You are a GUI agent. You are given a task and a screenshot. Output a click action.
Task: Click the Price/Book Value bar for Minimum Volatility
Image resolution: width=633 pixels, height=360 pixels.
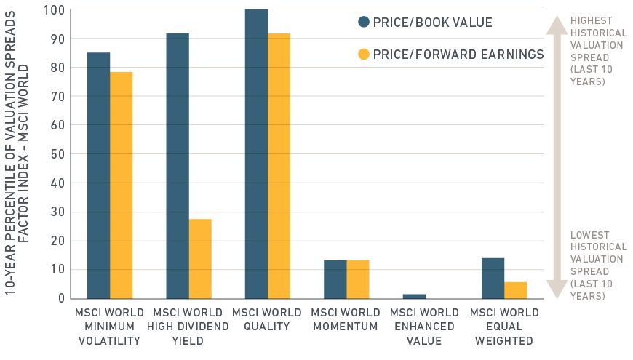click(x=98, y=175)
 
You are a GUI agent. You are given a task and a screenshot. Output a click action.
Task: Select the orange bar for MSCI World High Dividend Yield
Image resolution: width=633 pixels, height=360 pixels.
click(x=200, y=258)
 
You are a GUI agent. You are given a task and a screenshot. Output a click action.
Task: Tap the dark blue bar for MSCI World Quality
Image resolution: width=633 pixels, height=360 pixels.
click(x=256, y=153)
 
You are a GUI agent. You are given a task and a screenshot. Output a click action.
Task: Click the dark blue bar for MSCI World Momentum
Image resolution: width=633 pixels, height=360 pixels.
click(x=335, y=279)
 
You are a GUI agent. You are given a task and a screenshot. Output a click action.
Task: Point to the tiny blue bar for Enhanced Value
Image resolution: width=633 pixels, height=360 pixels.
click(x=414, y=296)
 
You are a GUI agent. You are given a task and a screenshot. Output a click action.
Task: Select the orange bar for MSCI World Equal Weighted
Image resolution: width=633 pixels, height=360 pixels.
click(x=515, y=290)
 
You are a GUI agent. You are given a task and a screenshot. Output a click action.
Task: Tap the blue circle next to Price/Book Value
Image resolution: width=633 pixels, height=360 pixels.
click(x=364, y=22)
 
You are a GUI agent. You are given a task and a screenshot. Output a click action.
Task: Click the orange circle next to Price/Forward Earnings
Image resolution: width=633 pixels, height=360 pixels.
click(x=364, y=54)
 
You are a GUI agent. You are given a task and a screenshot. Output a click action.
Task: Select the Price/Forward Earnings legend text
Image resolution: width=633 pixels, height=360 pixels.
click(x=458, y=54)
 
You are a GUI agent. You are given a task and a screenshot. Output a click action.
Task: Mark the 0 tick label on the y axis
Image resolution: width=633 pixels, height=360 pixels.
click(x=60, y=298)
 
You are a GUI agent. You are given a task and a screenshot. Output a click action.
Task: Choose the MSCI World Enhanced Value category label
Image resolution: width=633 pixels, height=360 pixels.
click(x=425, y=327)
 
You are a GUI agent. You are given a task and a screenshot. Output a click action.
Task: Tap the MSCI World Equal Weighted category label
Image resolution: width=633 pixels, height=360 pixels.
click(x=504, y=327)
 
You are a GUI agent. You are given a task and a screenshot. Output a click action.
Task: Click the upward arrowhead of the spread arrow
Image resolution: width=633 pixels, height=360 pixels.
click(x=557, y=25)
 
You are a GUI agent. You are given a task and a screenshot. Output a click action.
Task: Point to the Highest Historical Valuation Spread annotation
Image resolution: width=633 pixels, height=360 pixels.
click(x=598, y=51)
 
